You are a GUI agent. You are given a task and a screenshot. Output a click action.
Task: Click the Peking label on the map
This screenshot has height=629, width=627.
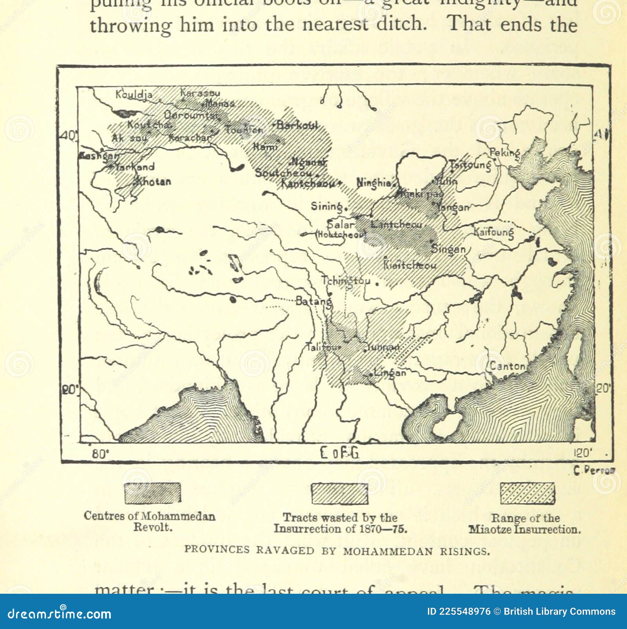pos(504,153)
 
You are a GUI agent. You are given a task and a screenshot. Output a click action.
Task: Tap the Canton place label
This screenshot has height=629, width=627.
pos(507,367)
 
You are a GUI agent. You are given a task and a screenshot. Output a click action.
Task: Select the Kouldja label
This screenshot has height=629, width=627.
pos(134,95)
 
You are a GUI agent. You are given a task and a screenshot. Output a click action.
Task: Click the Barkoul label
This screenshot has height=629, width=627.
pos(297,125)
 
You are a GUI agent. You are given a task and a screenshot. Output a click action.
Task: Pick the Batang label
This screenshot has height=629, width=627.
pos(313,301)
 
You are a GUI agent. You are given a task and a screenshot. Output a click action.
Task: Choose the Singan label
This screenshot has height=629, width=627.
pos(448,249)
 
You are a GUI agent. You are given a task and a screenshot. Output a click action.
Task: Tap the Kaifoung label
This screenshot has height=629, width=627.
pos(493,232)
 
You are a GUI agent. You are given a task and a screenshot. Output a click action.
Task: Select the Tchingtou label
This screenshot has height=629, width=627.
pos(345,281)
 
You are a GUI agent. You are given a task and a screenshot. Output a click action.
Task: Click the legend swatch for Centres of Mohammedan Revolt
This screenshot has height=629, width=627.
pos(152,493)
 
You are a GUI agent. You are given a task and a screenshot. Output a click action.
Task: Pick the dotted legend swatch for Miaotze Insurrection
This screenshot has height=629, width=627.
pos(527,493)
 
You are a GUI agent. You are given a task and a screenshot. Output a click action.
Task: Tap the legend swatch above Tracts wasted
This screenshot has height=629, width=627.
pos(339,494)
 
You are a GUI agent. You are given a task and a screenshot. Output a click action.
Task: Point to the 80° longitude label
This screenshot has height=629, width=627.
pos(100,454)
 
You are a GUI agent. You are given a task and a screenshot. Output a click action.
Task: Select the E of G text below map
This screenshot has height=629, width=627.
pos(339,453)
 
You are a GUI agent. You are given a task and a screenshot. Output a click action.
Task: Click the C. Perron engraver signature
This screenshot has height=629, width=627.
pos(594,471)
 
